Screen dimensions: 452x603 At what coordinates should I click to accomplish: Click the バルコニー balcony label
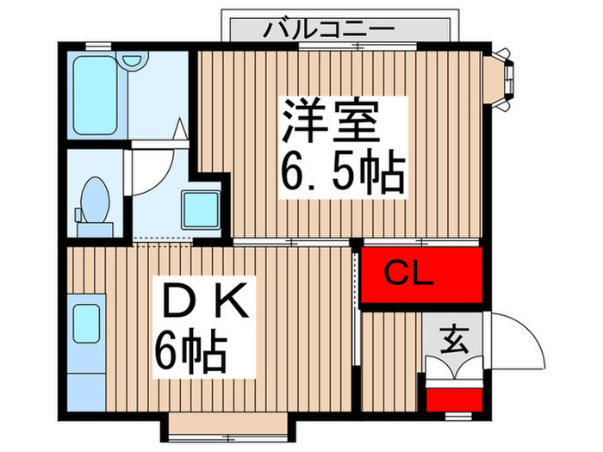(329, 29)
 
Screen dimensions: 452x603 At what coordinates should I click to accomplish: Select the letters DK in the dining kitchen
(204, 304)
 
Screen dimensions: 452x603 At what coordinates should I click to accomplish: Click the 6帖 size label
(190, 350)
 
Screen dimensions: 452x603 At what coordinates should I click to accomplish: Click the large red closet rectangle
(422, 276)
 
